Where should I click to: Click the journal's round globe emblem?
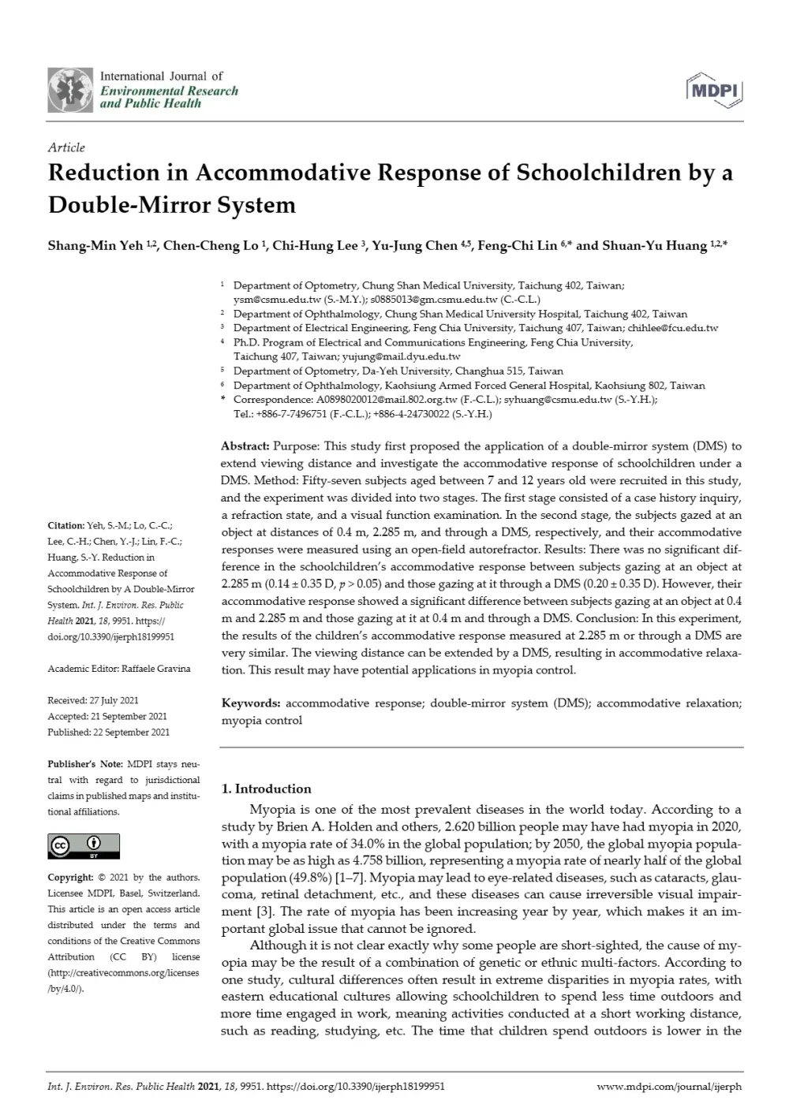[x=70, y=89]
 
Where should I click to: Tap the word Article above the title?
[x=66, y=147]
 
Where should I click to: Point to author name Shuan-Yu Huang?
[x=654, y=245]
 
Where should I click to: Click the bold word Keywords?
[x=251, y=703]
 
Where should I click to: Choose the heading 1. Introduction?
[x=267, y=789]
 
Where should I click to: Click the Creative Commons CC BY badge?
[x=84, y=845]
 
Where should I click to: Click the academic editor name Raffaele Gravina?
[x=156, y=669]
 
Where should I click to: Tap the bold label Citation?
[x=65, y=526]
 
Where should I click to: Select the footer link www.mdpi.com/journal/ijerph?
[x=669, y=1086]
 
